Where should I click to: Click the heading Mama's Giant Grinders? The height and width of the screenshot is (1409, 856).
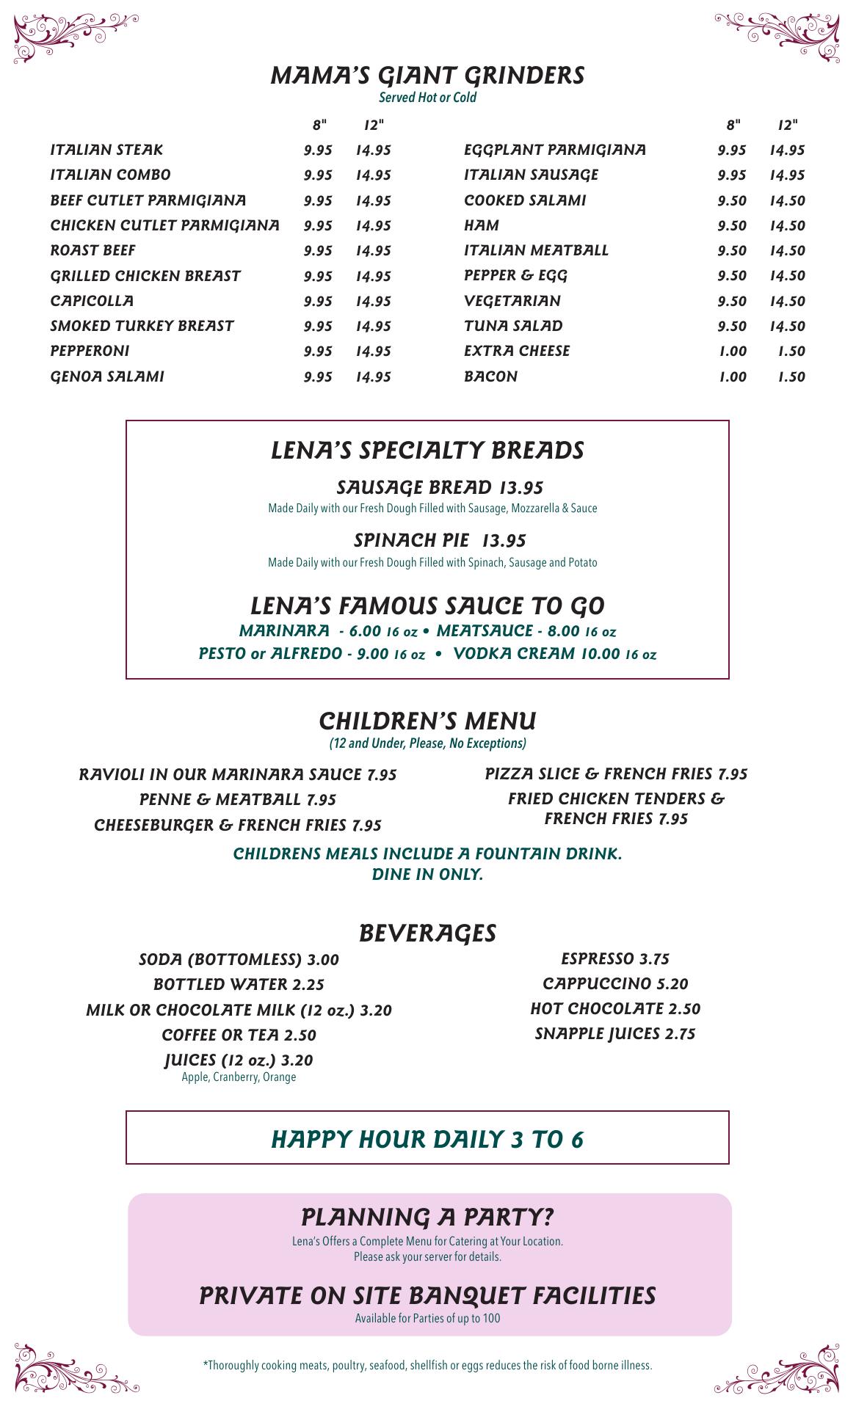coord(427,76)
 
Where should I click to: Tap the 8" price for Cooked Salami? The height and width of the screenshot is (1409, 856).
coord(732,200)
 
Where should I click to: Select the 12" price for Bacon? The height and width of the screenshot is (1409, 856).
coord(791,376)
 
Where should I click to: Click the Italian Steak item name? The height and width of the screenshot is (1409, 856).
coord(106,150)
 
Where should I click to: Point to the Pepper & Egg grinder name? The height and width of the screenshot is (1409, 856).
coord(515,275)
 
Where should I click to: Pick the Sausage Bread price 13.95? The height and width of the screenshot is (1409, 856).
coord(521,487)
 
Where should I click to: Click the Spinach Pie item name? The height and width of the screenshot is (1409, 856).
coord(411,540)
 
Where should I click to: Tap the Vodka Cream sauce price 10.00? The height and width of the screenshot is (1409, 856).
coord(600,653)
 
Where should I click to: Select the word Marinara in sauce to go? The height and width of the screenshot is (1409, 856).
coord(284,630)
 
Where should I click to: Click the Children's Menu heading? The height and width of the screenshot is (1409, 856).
coord(427,721)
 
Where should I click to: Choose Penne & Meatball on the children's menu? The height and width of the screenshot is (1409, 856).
coord(237,799)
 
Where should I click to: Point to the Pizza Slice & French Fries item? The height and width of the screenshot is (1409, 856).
coord(616,773)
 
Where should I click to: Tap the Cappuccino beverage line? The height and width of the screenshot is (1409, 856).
coord(615,983)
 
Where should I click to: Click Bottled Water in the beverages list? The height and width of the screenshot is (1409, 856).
coord(239,984)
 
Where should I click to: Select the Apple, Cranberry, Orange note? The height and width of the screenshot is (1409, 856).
coord(239,1077)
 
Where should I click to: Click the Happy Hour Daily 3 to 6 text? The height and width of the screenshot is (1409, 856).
coord(427,1139)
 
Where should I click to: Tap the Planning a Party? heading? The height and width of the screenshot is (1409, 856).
coord(427,1217)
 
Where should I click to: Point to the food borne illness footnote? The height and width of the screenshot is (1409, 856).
coord(427,1366)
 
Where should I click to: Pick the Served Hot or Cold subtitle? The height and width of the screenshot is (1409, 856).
coord(427,98)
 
